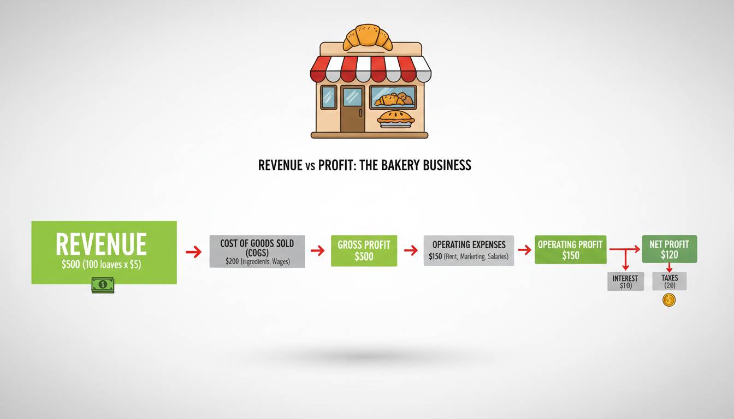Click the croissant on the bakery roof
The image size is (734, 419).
pos(368,37)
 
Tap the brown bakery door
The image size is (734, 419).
pos(352,108)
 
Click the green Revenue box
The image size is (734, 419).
pos(104,252)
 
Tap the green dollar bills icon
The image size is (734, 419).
pos(103,285)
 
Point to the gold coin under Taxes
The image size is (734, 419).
pos(669,300)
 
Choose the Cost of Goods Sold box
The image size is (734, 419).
pos(257,251)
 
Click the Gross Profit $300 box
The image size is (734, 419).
pos(364,251)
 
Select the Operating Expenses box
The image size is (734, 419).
pos(469,251)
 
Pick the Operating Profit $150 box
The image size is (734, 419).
pos(570,250)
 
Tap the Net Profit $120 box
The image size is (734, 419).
pos(669,249)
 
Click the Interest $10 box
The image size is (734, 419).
pos(625,282)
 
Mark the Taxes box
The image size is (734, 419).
pos(669,282)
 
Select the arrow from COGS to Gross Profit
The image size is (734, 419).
pos(317,250)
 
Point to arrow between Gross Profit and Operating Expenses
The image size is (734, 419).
pos(410,250)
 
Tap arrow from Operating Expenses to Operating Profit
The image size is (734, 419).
pos(524,250)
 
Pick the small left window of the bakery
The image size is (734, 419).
pos(328,97)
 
